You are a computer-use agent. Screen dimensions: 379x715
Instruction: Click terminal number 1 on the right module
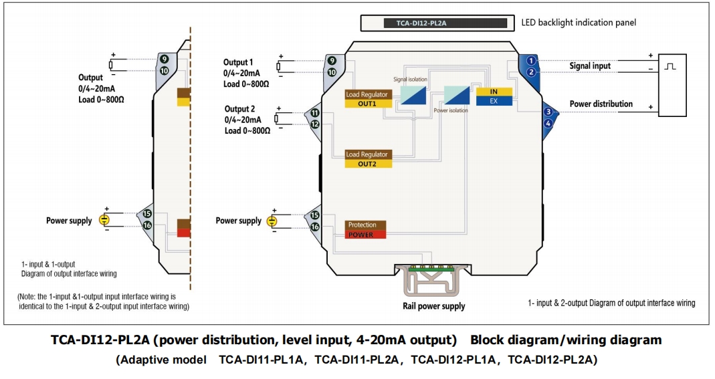point(530,61)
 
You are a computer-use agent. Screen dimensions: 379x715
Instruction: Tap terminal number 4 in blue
point(548,123)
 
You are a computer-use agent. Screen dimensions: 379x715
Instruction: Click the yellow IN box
point(494,92)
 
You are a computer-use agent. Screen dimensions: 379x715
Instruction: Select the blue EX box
point(494,101)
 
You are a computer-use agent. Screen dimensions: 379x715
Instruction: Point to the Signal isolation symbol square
point(413,94)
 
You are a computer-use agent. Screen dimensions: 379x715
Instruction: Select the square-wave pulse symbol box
point(671,66)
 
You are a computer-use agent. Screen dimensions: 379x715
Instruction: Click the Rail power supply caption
point(433,306)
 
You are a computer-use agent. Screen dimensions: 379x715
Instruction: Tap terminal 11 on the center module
point(314,113)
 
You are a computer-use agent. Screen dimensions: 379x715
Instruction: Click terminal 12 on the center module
point(314,124)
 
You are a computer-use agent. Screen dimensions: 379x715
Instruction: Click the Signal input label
point(590,66)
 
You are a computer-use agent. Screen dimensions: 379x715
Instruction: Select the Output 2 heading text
point(239,109)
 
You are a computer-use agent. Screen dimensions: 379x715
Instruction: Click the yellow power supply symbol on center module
point(272,221)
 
